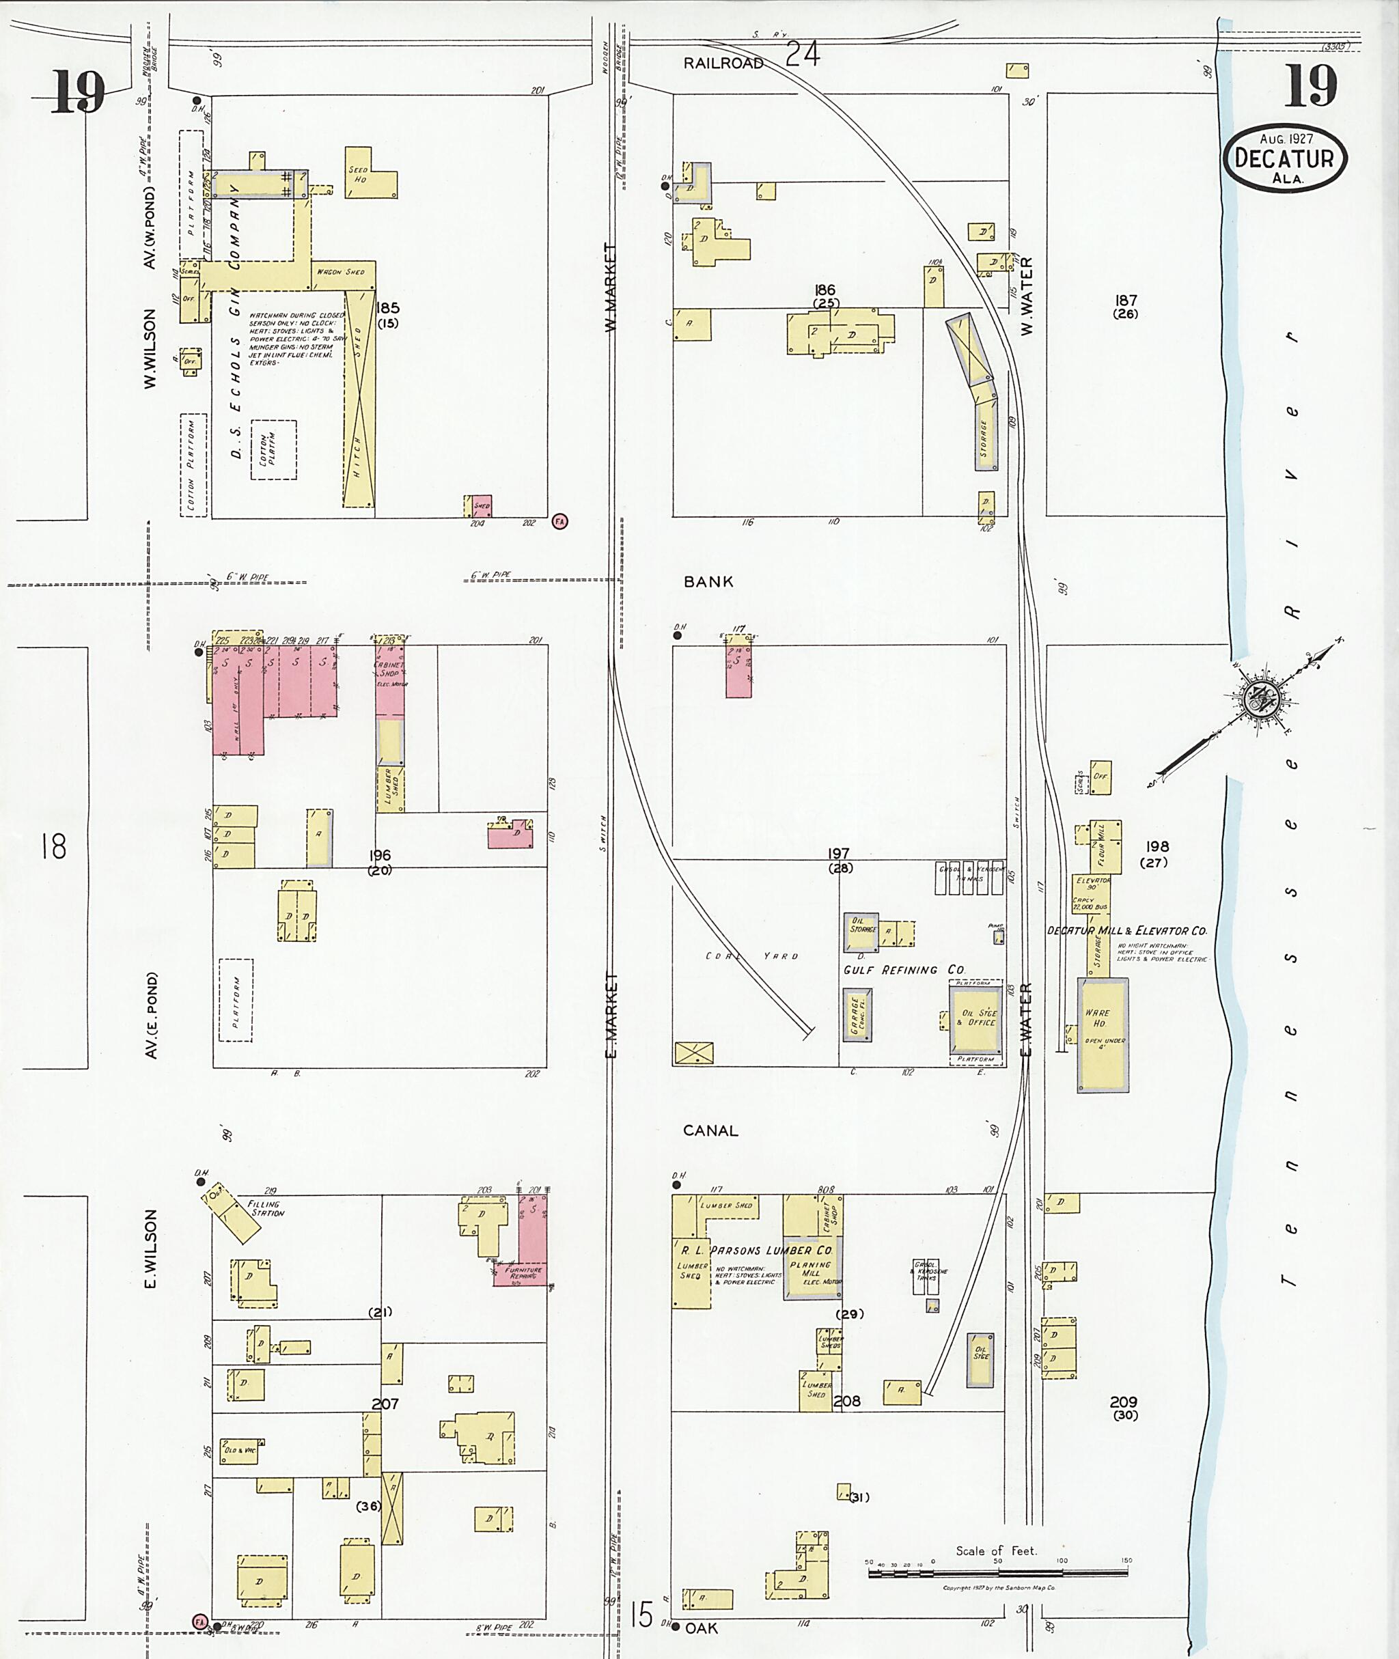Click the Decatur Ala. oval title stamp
1285,158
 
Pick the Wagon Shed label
341,272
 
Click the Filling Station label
266,1209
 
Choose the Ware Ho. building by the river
1103,1035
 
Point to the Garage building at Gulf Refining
857,1015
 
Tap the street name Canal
710,1131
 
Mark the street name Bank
708,581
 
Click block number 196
380,856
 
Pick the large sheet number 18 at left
54,847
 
